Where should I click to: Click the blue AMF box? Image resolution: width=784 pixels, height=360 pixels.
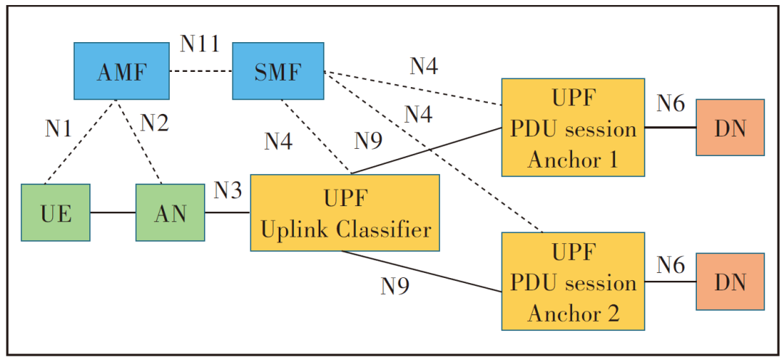coord(121,71)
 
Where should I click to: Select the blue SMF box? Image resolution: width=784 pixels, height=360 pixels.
coord(277,71)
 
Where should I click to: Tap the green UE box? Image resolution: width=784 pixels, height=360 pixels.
coord(55,213)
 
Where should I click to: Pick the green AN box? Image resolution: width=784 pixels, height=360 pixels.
coord(170,213)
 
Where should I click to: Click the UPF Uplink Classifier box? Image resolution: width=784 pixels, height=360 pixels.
coord(344,213)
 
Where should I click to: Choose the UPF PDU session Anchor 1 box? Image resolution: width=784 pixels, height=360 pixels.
coord(573,128)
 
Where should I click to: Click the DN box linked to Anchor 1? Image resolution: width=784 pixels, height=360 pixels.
coord(729,128)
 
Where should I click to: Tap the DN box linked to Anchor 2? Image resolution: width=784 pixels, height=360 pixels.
coord(729,282)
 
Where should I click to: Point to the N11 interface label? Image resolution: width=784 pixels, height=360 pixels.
coord(200,45)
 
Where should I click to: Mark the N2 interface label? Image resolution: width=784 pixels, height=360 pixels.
coord(154,123)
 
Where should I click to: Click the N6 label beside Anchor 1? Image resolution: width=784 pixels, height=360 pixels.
coord(670,105)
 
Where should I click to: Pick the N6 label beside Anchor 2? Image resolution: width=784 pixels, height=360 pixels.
coord(670,266)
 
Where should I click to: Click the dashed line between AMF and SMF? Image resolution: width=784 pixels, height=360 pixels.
coord(200,72)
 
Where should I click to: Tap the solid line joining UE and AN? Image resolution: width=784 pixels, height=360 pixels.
coord(113,213)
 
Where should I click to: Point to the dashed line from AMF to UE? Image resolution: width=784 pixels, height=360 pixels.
coord(80,142)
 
